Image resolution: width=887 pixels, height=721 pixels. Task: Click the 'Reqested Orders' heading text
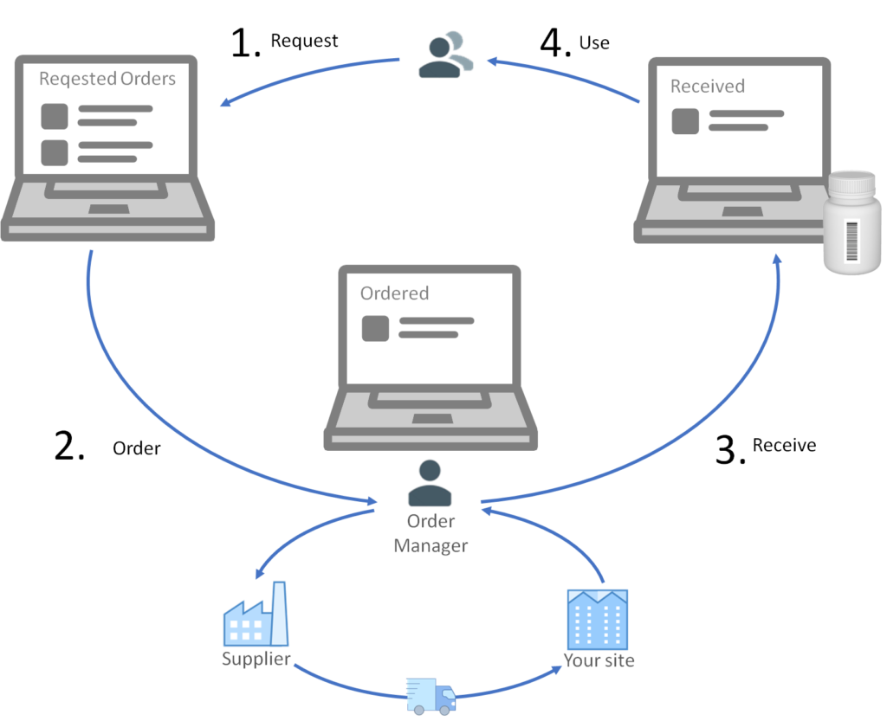tap(107, 79)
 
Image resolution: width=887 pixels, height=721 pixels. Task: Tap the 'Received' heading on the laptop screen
tap(707, 86)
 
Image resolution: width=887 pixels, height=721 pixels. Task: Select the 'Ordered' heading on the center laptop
tap(394, 293)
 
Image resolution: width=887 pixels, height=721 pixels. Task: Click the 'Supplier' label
tap(256, 659)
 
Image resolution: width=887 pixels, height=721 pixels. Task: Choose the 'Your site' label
tap(599, 660)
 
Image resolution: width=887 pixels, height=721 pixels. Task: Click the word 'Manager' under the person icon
tap(431, 546)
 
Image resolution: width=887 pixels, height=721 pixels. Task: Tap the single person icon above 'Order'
tap(430, 483)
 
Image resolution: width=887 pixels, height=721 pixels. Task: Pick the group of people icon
tap(445, 55)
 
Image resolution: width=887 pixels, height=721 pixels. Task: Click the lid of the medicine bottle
tap(852, 183)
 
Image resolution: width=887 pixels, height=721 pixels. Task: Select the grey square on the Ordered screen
tap(375, 328)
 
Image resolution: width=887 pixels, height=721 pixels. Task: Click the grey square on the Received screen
tap(685, 120)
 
